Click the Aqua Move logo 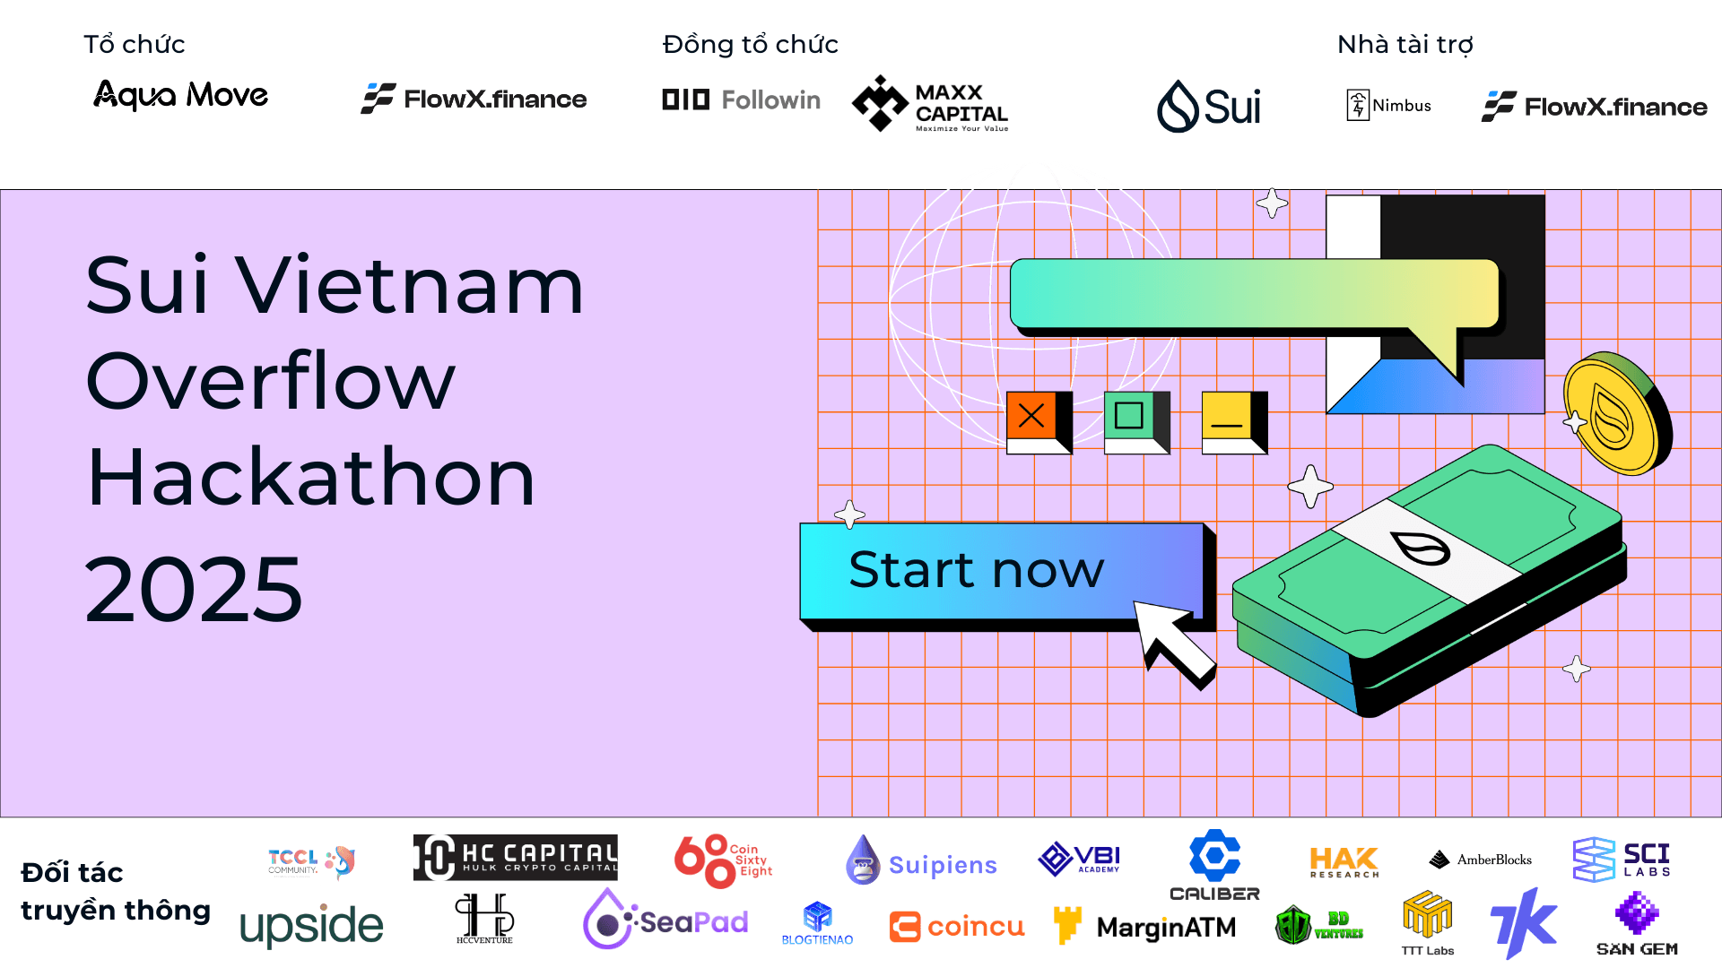click(x=180, y=95)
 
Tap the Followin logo click(x=741, y=99)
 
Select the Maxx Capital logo click(x=930, y=104)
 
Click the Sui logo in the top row click(x=1208, y=107)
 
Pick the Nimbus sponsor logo click(x=1388, y=105)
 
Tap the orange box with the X click(x=1034, y=418)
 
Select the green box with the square click(x=1131, y=418)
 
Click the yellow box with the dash click(x=1229, y=418)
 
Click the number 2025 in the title click(x=194, y=589)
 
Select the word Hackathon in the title click(x=310, y=477)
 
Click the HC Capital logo click(x=515, y=857)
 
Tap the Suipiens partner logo click(x=921, y=862)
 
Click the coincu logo click(x=956, y=926)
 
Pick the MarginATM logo click(x=1145, y=927)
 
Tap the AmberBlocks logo click(x=1480, y=860)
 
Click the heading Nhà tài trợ click(x=1405, y=44)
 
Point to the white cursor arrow click(x=1170, y=641)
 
